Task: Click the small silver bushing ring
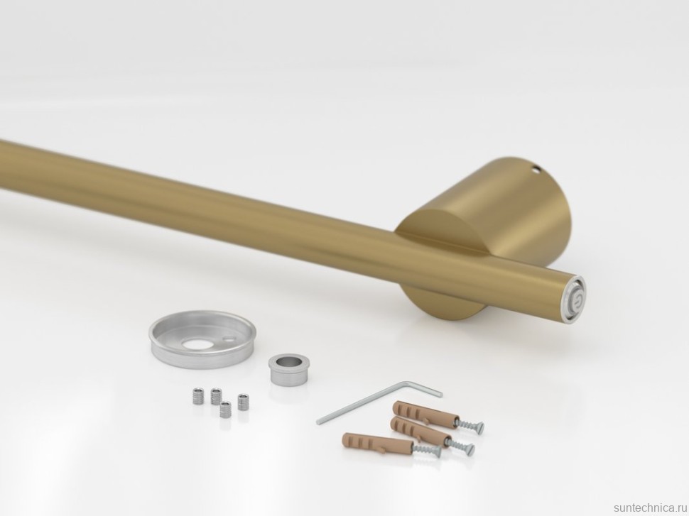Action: (x=285, y=370)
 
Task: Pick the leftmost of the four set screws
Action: (x=198, y=397)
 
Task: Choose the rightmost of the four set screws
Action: (x=243, y=402)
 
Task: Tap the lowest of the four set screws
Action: (x=225, y=410)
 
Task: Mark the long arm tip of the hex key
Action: (x=318, y=422)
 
